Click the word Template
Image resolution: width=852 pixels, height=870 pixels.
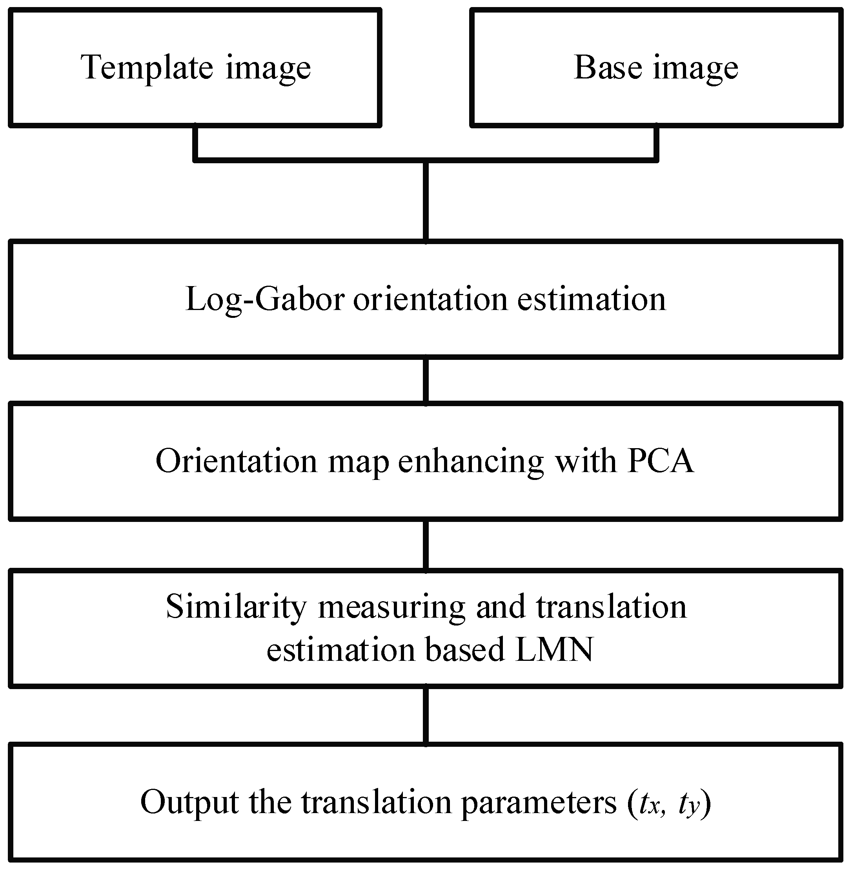(147, 68)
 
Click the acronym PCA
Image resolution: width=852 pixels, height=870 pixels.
(661, 461)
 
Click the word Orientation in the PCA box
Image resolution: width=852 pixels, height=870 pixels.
(236, 461)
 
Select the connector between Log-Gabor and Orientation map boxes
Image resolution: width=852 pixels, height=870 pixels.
(426, 381)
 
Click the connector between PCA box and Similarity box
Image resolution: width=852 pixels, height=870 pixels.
(426, 545)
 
